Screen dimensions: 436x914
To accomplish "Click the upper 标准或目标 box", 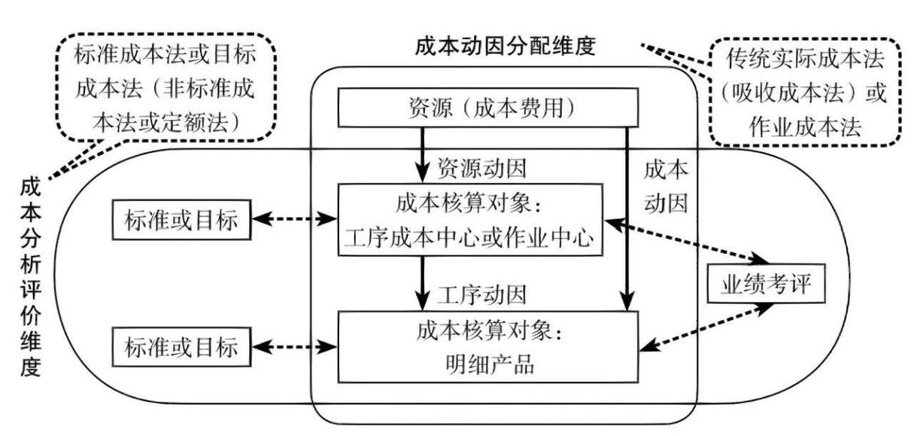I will [180, 221].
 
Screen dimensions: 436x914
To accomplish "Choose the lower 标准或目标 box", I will [180, 348].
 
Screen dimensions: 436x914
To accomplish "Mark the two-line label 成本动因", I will [665, 186].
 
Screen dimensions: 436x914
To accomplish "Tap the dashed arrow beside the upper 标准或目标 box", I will [294, 220].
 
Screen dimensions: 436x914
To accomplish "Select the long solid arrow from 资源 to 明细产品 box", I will [627, 218].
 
